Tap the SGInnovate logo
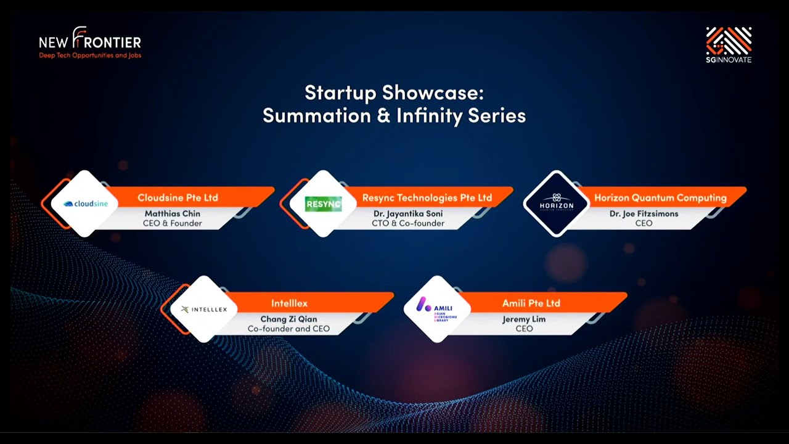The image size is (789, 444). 729,44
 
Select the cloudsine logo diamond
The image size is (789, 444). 84,203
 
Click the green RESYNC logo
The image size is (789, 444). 324,203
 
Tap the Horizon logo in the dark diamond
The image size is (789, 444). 557,203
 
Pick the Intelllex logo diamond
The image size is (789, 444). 203,309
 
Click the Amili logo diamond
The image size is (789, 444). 436,308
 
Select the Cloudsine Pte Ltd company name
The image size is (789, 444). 178,198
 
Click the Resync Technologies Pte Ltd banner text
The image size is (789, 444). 427,198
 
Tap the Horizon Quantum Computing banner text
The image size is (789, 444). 660,198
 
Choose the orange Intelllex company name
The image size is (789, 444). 289,303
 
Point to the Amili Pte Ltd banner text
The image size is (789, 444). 531,303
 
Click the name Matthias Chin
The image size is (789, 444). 173,214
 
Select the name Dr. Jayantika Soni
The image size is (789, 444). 407,214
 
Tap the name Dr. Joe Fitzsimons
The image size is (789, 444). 644,214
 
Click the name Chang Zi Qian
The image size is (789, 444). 288,319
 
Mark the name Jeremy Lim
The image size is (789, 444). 524,319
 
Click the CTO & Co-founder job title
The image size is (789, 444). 407,223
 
